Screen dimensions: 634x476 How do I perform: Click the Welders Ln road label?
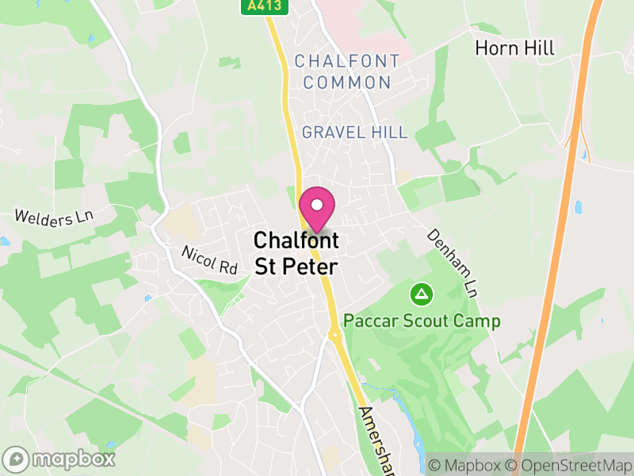[x=54, y=217]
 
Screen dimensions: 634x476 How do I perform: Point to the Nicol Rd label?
[x=209, y=260]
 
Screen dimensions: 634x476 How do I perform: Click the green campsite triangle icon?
[x=422, y=295]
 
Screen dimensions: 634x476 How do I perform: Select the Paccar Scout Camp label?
[x=422, y=321]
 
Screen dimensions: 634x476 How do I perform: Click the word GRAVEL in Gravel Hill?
[x=331, y=132]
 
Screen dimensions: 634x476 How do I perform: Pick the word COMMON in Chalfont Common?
[x=347, y=83]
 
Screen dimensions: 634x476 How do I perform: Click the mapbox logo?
[x=59, y=459]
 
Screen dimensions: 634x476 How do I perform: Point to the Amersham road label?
[x=377, y=441]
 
